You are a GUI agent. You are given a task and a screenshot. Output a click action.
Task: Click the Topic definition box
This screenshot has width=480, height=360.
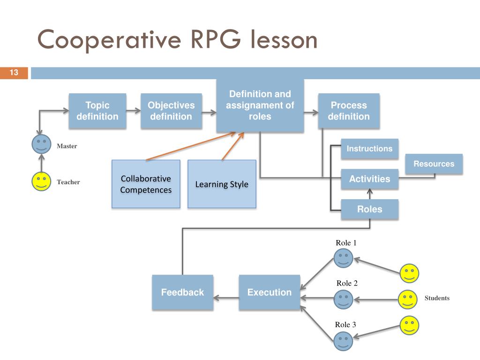[x=97, y=111]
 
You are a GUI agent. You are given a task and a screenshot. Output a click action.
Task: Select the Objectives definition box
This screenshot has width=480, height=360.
[x=171, y=111]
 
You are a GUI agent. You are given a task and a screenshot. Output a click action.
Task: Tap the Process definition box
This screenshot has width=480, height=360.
[x=349, y=111]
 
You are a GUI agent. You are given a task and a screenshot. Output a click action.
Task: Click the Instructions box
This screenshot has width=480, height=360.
[x=369, y=149]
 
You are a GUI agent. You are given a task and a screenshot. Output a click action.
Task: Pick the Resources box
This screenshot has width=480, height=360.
[x=434, y=164]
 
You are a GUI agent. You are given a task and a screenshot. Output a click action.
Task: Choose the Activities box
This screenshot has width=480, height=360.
[x=369, y=179]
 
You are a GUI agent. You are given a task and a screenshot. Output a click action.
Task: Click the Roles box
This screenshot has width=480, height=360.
[x=369, y=209]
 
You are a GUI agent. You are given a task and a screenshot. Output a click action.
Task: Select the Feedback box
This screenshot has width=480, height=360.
[x=182, y=292]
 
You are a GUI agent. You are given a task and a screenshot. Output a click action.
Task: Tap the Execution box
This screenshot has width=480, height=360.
[x=270, y=292]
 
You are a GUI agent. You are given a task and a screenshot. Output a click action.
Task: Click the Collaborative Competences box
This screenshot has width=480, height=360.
[x=146, y=184]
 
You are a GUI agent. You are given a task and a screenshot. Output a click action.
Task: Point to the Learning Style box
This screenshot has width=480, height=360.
[x=222, y=184]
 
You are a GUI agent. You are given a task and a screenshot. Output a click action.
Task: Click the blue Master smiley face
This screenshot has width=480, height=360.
[x=41, y=144]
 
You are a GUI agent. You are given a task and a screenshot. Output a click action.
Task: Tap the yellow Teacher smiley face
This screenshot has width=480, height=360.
[x=41, y=181]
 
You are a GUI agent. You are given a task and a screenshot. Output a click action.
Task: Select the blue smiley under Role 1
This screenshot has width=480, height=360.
[x=343, y=258]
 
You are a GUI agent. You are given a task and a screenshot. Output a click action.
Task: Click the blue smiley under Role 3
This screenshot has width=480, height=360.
[x=343, y=341]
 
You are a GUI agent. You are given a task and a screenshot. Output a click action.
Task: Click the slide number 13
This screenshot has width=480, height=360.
[x=14, y=73]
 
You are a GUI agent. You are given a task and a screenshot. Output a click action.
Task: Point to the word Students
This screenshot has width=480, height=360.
[x=437, y=298]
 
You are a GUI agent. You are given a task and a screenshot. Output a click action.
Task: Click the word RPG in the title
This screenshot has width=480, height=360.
[x=216, y=39]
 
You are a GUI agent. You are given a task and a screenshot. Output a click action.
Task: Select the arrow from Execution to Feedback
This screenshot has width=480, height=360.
[x=226, y=298]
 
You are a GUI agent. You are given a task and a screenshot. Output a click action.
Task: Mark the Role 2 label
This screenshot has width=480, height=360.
[x=347, y=283]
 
